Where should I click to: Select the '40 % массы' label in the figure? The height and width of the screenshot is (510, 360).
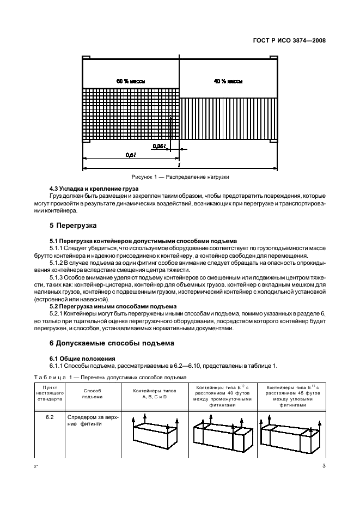coord(228,81)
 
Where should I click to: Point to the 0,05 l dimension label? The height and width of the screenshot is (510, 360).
coord(158,146)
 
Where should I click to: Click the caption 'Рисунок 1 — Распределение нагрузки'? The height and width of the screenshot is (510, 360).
coord(180,177)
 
